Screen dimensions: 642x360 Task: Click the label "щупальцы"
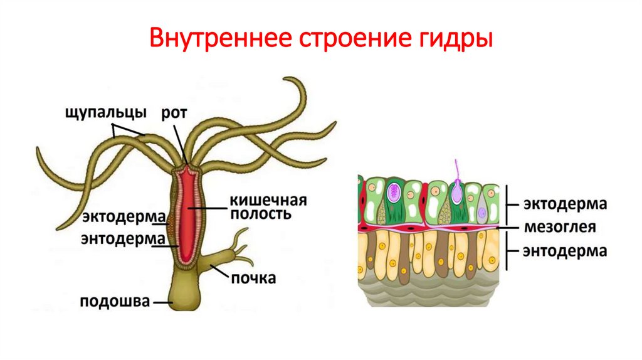(105, 114)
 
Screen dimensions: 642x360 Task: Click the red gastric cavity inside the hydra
(187, 213)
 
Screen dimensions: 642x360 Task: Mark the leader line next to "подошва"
(162, 302)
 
